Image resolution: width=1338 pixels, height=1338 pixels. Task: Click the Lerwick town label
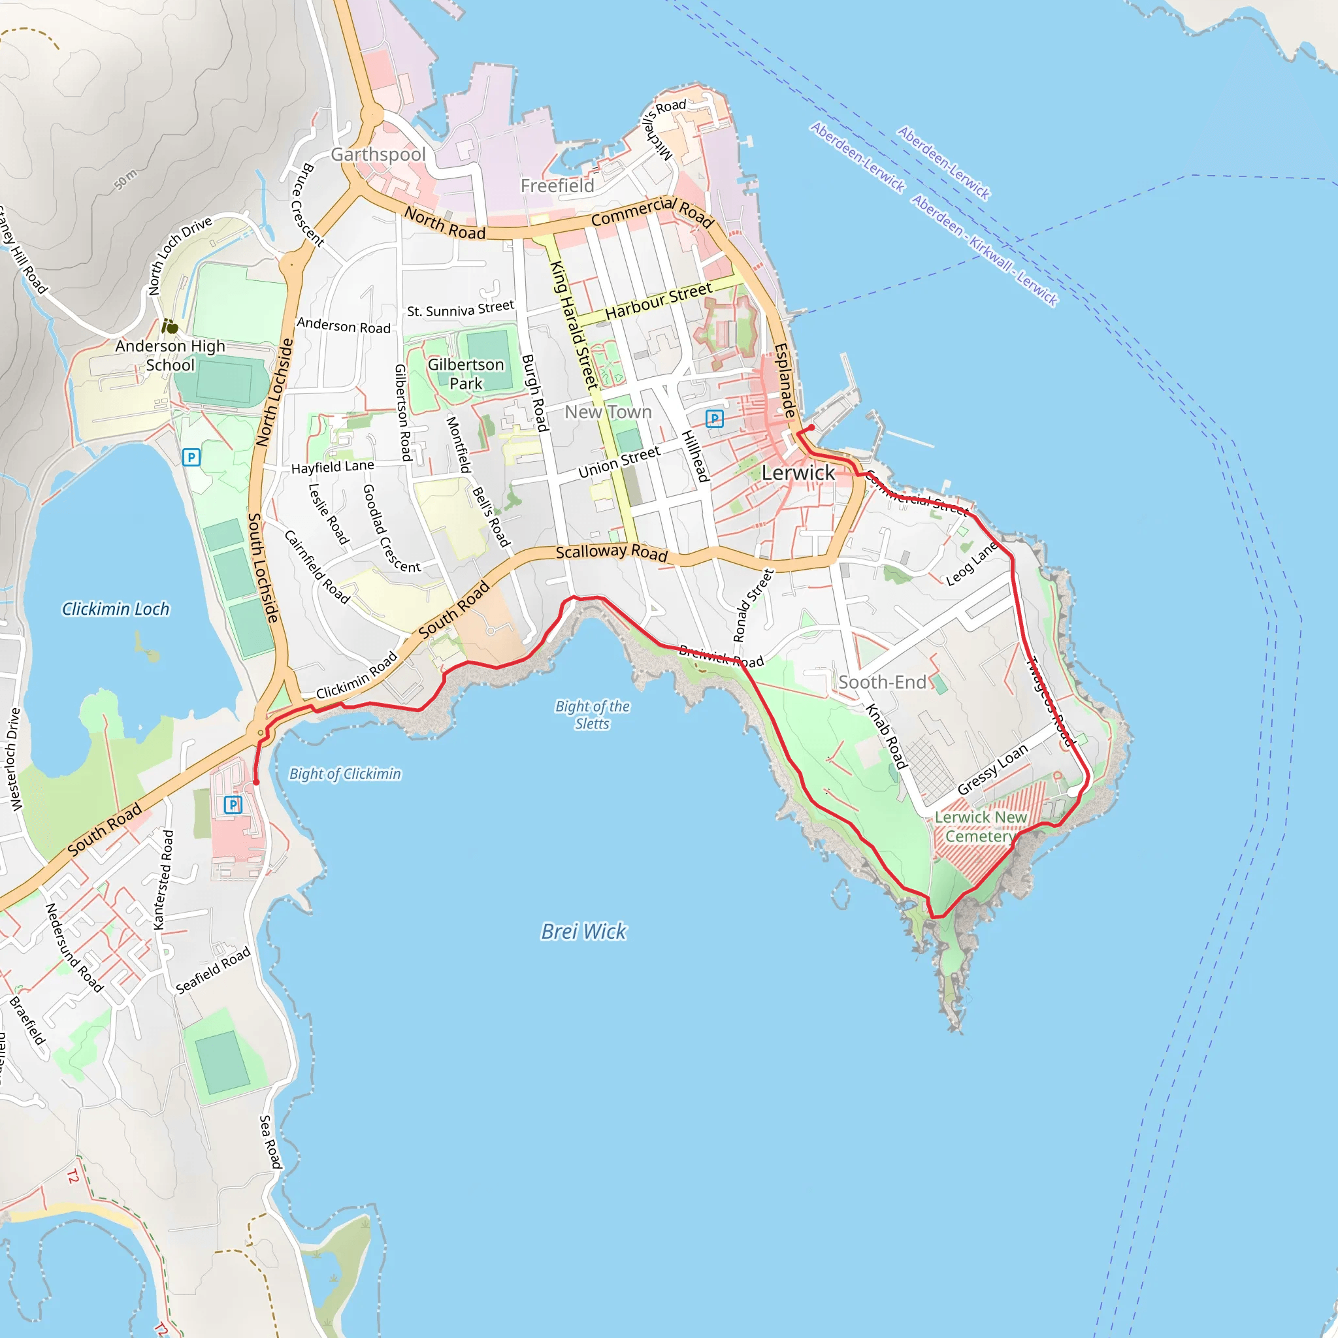point(798,473)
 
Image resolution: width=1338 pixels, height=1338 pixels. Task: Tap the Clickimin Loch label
point(116,609)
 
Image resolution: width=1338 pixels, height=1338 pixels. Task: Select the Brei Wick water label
point(584,932)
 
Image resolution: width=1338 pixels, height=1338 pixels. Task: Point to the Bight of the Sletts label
point(592,715)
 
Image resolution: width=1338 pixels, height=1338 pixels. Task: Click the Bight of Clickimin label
point(345,774)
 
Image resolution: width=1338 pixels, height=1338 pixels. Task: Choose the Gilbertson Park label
point(465,374)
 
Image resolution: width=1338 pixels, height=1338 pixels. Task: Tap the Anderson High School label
point(171,355)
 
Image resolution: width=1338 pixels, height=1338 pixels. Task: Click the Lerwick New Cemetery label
point(980,827)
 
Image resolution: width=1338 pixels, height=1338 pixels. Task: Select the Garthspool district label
point(378,154)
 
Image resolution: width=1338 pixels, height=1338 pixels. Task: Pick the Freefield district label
point(557,186)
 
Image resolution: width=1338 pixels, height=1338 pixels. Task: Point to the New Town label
point(608,412)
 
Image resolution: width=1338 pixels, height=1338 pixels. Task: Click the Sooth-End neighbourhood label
point(881,682)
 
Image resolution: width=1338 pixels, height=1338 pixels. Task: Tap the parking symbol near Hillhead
point(714,418)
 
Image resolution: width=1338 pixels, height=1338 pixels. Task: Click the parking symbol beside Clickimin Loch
point(191,457)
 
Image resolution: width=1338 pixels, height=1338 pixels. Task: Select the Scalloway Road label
point(612,552)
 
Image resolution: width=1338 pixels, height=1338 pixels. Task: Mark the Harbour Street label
point(658,301)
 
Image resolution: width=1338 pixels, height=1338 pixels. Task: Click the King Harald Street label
point(574,324)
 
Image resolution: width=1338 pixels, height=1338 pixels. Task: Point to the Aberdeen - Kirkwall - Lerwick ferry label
point(984,250)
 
